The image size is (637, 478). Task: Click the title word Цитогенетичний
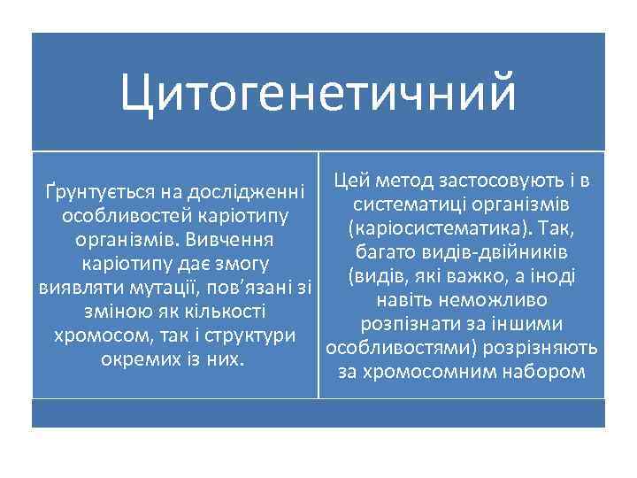318,93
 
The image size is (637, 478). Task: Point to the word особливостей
112,216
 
